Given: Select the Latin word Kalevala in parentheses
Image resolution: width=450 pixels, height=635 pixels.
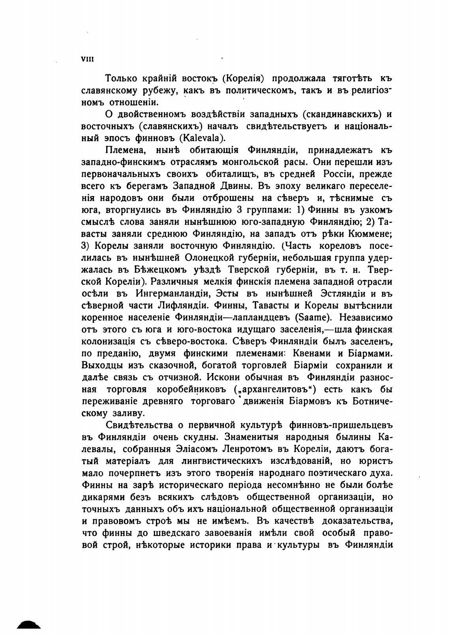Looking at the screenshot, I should coord(201,138).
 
